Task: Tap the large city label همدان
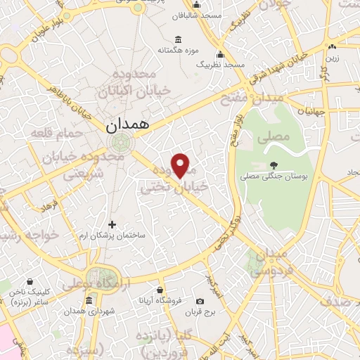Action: click(x=128, y=127)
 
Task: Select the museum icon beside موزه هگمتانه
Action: click(x=177, y=39)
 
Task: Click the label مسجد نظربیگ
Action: click(x=220, y=65)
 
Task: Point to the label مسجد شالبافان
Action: click(x=220, y=14)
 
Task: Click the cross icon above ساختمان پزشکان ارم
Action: click(x=112, y=224)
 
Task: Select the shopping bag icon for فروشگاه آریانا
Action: click(x=161, y=290)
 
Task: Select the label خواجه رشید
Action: click(x=21, y=234)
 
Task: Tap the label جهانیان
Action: click(x=311, y=111)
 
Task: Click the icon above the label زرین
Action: click(x=332, y=48)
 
